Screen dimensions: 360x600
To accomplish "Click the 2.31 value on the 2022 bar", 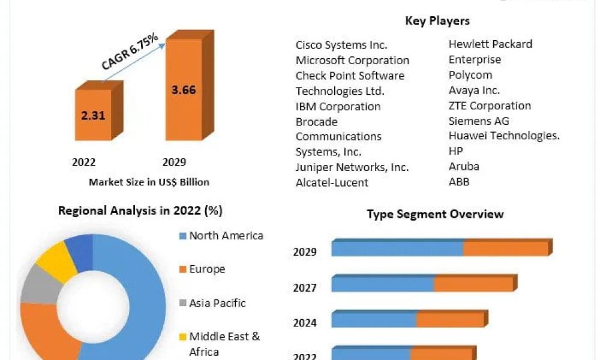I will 93,115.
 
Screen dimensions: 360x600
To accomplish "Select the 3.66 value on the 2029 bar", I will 183,90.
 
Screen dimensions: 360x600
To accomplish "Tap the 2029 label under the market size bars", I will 174,162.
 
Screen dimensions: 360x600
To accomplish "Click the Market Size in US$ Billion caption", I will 149,182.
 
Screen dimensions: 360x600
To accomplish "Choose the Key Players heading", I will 437,21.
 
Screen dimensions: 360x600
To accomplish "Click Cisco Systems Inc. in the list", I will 341,45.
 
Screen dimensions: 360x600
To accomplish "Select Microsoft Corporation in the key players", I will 352,60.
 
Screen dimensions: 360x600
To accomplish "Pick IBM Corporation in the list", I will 338,106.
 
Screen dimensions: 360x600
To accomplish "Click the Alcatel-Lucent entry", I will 332,182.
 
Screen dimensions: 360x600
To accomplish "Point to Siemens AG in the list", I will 479,121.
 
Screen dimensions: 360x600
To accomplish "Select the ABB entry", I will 459,182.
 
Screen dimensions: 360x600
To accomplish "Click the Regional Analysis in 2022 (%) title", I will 140,211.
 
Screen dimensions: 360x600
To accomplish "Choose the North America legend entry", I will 226,236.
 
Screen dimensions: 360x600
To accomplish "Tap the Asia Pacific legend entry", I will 217,303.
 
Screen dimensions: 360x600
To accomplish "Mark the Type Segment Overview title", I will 435,214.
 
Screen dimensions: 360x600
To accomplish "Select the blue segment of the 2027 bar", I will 382,283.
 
